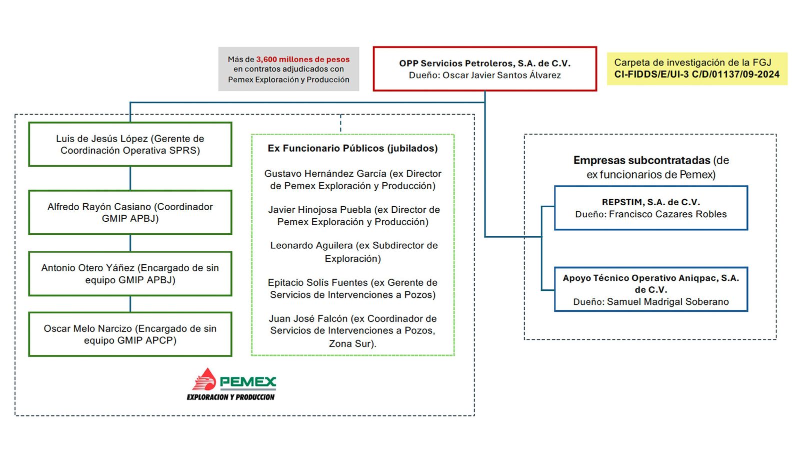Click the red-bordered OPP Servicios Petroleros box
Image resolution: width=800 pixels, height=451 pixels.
484,69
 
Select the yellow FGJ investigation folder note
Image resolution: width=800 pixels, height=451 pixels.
696,69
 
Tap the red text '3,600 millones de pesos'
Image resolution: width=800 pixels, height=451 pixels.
303,59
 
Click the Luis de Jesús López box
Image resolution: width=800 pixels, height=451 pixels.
130,144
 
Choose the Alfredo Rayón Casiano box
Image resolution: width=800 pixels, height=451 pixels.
130,212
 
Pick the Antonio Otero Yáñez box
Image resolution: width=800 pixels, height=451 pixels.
130,274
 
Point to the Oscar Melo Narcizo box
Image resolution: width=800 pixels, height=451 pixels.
130,334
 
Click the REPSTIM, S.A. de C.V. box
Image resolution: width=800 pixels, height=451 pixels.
650,208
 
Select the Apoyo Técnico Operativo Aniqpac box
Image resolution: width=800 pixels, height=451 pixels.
650,289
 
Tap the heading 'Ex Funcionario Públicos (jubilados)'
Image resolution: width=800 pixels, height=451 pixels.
352,148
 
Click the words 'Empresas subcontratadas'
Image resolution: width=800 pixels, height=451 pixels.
641,161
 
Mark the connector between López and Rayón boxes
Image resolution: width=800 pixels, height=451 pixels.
130,178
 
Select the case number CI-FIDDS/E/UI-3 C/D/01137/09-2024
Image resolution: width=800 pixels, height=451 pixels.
696,75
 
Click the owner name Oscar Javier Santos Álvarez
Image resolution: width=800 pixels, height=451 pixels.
501,75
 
